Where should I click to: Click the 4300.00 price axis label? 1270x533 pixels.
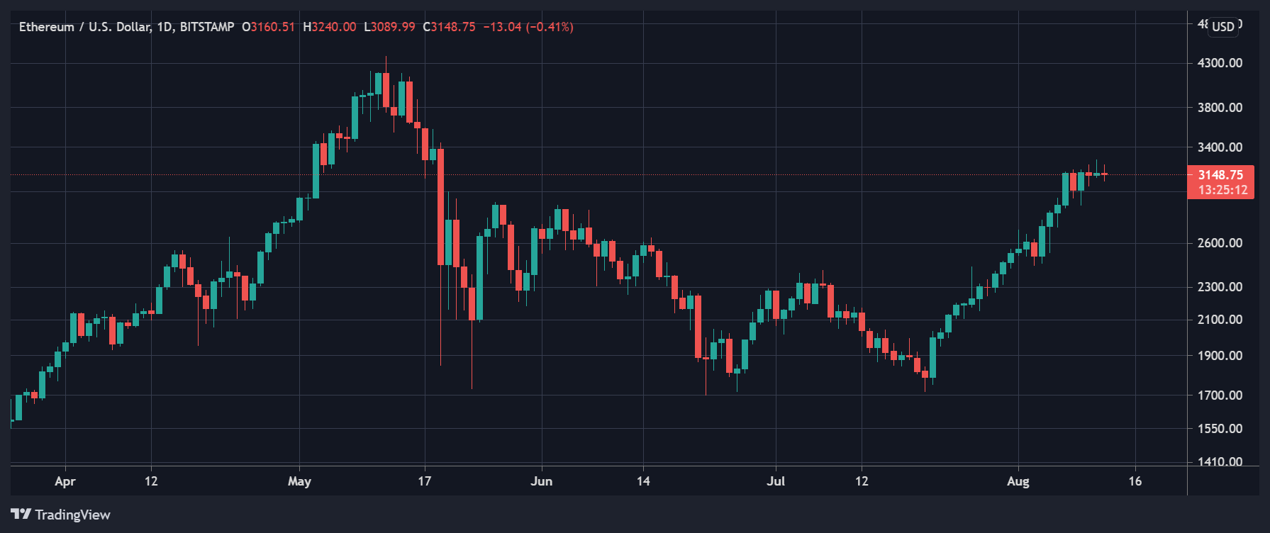1220,63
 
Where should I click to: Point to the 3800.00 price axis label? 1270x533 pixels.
1220,108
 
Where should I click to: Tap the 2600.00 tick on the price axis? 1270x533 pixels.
1220,243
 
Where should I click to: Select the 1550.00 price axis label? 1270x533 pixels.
1220,429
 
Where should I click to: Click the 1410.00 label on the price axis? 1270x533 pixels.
1220,461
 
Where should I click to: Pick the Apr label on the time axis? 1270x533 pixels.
65,481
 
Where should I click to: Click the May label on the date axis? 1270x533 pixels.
299,481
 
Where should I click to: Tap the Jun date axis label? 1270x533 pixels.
541,481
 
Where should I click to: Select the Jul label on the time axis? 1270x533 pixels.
776,481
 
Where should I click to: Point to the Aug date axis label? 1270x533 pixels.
1018,481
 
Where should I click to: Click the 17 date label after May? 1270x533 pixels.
424,481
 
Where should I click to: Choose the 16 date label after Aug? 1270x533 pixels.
1135,481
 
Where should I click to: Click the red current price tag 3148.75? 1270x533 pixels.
1220,175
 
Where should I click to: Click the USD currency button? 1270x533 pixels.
1223,27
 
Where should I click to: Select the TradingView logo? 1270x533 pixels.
61,515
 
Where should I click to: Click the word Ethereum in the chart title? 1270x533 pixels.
46,27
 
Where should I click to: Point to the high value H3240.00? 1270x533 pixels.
329,27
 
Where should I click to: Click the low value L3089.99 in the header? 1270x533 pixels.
389,27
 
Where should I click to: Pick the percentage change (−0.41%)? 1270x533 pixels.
549,27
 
